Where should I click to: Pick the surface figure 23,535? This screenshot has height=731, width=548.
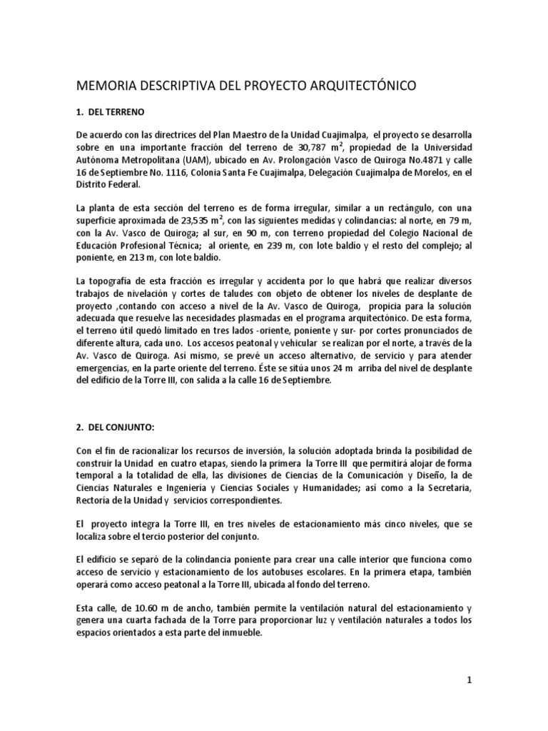(x=214, y=220)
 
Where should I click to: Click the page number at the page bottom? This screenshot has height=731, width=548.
(x=470, y=680)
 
